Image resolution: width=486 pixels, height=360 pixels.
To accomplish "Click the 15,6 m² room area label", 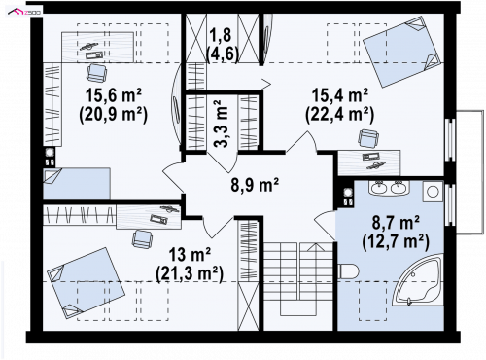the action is point(114,95).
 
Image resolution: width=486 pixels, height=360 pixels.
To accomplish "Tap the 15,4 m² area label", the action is point(340,95).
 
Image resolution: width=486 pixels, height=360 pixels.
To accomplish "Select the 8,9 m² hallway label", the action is point(255,185).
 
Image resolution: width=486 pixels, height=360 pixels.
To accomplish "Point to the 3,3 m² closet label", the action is point(222,124).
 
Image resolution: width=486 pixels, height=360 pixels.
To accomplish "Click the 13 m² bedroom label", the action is point(191,254).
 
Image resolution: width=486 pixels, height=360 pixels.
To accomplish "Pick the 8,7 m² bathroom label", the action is point(396,223).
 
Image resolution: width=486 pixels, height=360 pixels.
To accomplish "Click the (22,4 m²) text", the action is point(340,115).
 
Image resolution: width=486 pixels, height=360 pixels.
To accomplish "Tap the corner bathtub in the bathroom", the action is point(418,280).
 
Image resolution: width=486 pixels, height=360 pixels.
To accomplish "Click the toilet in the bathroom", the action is point(347,270).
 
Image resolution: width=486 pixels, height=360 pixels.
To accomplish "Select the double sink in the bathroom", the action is point(389,188).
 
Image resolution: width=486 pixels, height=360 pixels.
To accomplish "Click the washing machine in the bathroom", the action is point(433,192).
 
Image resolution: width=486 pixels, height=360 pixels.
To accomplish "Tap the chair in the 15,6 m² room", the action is point(96,72).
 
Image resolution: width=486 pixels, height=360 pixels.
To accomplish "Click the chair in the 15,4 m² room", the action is point(368,138).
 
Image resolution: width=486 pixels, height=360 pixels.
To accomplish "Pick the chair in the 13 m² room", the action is point(142,238).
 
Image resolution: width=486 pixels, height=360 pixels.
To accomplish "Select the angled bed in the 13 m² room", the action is point(86,283).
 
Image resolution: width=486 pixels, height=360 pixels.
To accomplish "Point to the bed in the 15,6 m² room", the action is point(77,184).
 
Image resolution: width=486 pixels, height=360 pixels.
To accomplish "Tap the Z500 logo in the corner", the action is point(24,13).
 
